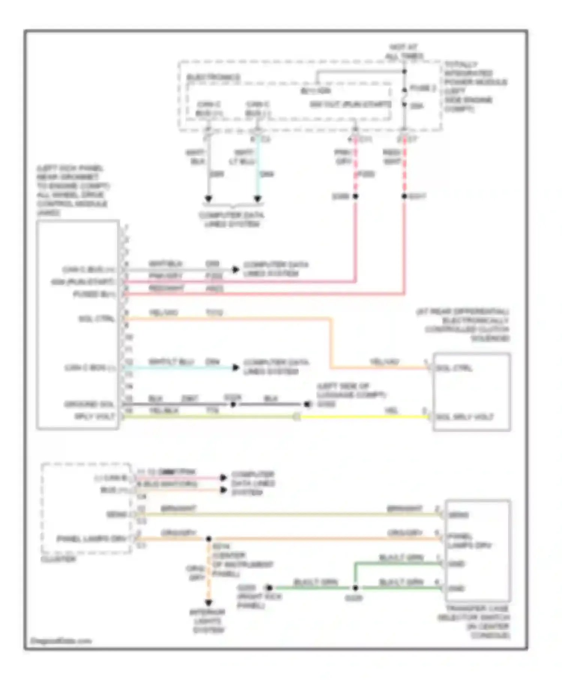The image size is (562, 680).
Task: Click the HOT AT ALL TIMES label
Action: coord(404,51)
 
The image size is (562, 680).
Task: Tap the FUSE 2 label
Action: coord(423,88)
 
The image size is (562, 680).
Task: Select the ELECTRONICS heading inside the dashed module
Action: coord(213,77)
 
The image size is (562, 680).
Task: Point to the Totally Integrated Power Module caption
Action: coord(475,87)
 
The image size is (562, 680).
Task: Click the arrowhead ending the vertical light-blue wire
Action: coord(258,198)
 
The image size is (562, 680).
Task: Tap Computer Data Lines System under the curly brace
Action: coord(232,220)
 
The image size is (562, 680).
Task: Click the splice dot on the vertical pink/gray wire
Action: coord(355,196)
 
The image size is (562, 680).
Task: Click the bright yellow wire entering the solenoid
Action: coord(363,416)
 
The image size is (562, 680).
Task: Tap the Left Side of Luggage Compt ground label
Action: coord(351,395)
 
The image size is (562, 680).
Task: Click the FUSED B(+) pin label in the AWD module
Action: coord(94,294)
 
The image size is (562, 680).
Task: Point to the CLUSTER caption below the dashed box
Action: coord(58,559)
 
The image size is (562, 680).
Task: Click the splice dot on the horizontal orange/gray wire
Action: coord(209,539)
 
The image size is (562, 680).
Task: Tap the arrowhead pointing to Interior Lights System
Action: coord(209,602)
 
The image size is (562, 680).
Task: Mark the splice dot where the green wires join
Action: coord(355,588)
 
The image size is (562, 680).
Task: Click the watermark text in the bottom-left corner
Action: coord(61,641)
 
